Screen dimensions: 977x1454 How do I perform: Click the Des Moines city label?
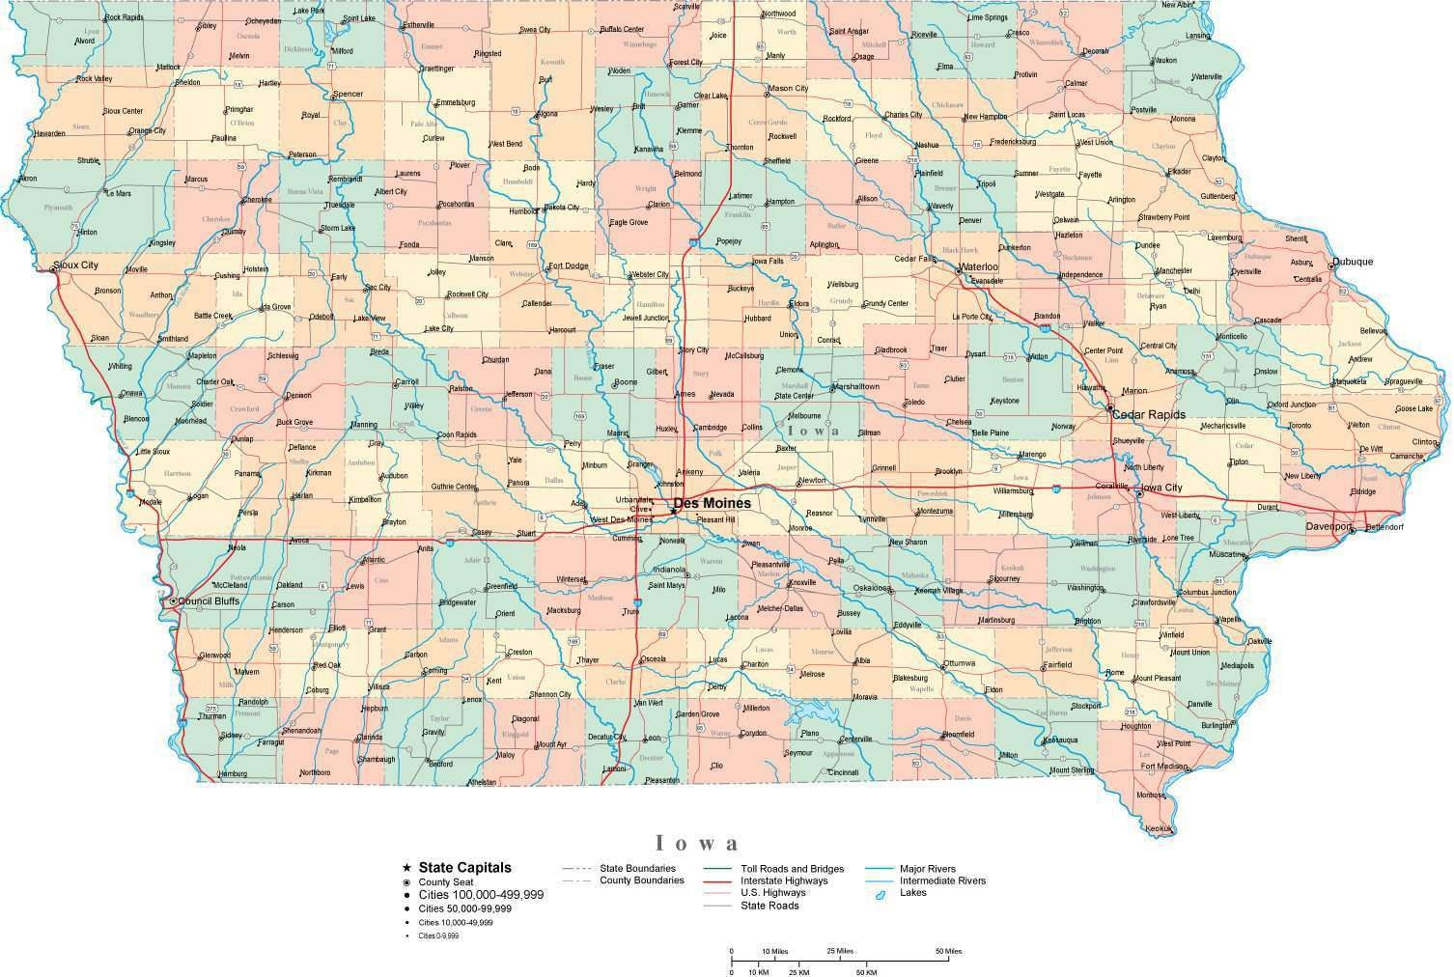[x=712, y=503]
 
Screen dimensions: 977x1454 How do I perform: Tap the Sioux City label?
[x=75, y=265]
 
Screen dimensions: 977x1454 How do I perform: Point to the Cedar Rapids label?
[x=1149, y=414]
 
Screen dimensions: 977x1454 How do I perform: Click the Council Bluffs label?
[x=208, y=600]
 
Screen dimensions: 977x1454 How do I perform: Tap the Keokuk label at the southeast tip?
[x=1158, y=828]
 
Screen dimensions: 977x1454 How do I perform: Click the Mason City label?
[x=787, y=89]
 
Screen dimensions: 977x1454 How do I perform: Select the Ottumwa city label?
[x=960, y=663]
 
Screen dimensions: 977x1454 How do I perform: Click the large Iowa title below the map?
[x=698, y=844]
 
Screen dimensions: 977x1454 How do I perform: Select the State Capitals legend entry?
[x=464, y=868]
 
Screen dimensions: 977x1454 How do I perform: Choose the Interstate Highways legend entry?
[x=783, y=880]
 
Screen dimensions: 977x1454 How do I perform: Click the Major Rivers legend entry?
[x=927, y=869]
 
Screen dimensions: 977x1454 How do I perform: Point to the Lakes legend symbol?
[x=881, y=896]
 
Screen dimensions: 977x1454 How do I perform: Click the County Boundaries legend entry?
[x=641, y=879]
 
